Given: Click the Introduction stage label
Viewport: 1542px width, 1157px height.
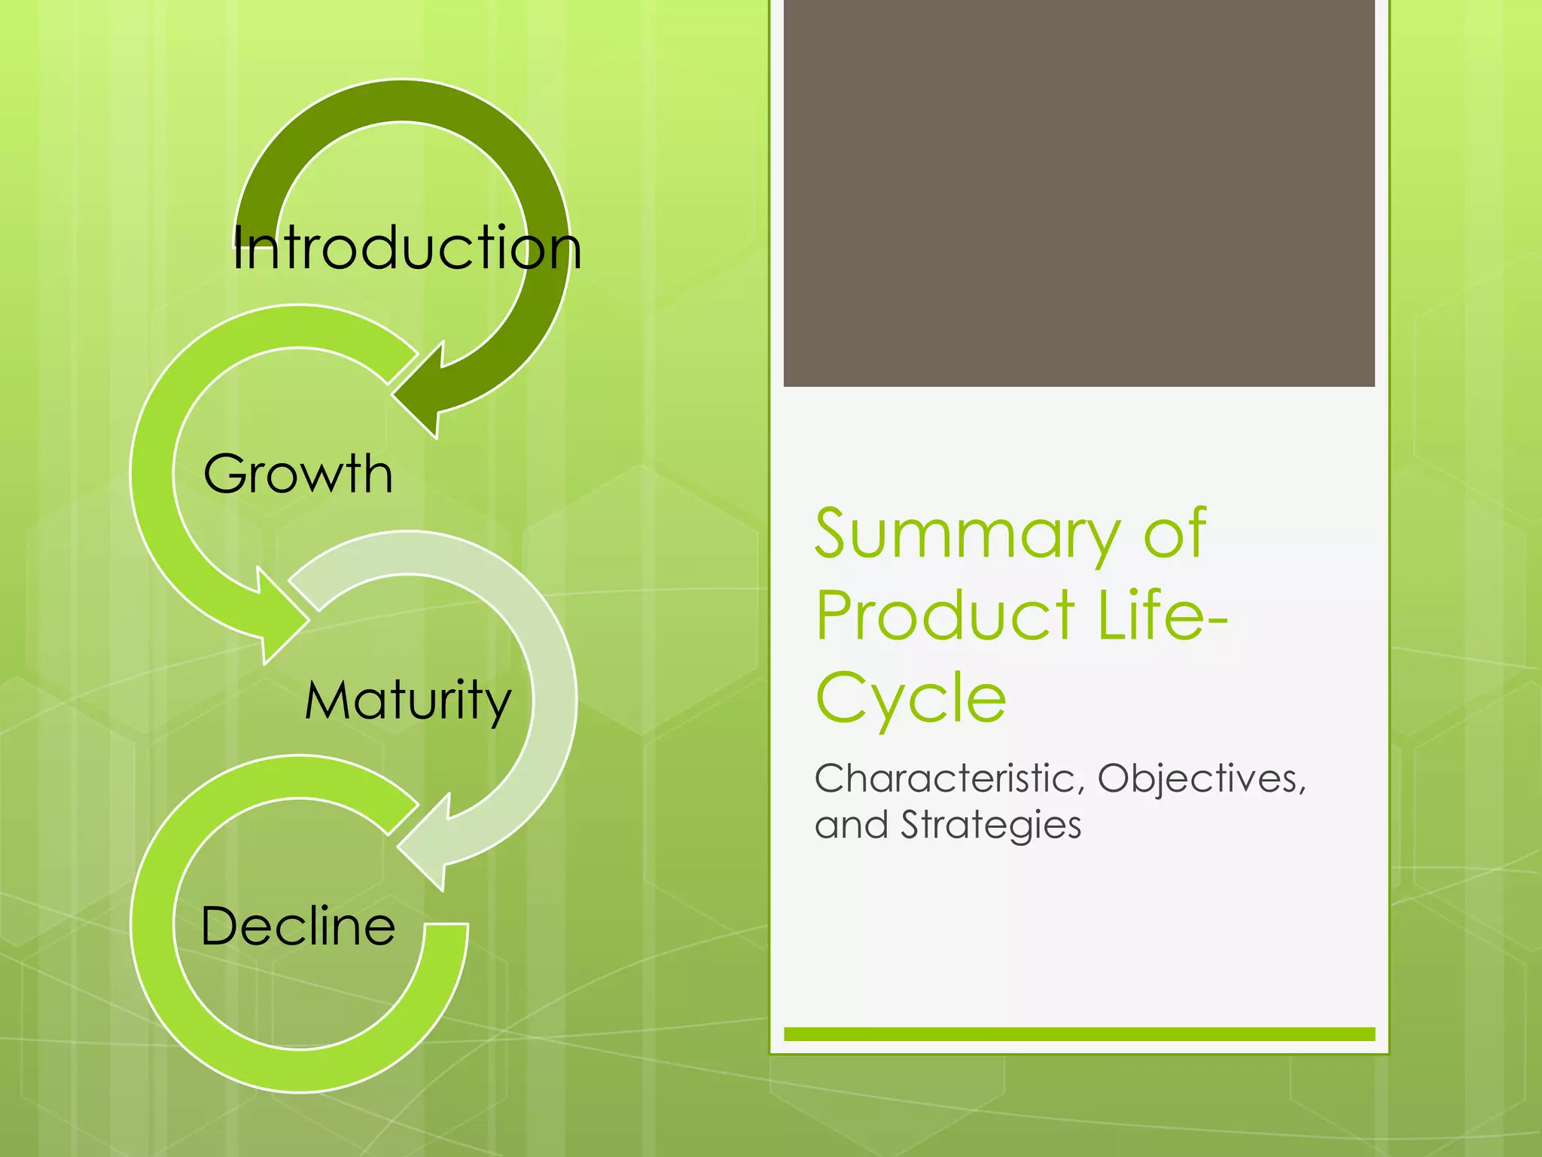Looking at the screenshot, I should point(407,249).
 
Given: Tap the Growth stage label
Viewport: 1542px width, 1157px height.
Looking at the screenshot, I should point(298,475).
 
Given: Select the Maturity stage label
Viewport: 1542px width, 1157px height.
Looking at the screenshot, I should point(407,701).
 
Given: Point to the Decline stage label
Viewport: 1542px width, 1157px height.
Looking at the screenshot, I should point(298,927).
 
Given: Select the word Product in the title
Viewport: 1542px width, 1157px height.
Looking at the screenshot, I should point(945,616).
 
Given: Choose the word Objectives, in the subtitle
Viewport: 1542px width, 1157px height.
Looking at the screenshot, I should point(1202,779).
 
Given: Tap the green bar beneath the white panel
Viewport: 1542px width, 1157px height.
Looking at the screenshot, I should point(1079,1034).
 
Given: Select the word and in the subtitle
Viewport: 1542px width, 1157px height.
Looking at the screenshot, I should point(852,825).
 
